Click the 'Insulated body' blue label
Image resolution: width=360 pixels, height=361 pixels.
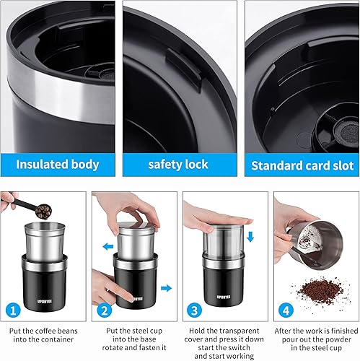click(x=58, y=165)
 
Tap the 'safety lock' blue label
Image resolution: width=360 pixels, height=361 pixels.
click(x=180, y=165)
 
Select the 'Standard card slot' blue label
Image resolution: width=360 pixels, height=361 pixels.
click(x=302, y=165)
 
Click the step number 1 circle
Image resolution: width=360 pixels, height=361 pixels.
click(x=13, y=310)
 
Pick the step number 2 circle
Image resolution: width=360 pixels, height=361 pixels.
click(x=105, y=310)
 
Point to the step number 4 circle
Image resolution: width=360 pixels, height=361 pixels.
click(x=286, y=310)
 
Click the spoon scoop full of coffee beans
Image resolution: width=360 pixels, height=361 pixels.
click(x=43, y=212)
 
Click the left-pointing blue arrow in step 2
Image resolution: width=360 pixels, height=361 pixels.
click(x=108, y=246)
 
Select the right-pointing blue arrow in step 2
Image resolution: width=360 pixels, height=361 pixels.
click(x=166, y=288)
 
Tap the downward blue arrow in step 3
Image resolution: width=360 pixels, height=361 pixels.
click(x=250, y=237)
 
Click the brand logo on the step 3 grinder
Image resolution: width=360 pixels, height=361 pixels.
click(x=224, y=297)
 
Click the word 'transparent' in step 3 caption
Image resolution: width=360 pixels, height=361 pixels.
click(x=240, y=331)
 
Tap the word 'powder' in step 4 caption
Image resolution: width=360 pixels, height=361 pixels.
click(x=338, y=339)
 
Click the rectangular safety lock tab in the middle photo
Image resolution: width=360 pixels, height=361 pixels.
click(x=184, y=69)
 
